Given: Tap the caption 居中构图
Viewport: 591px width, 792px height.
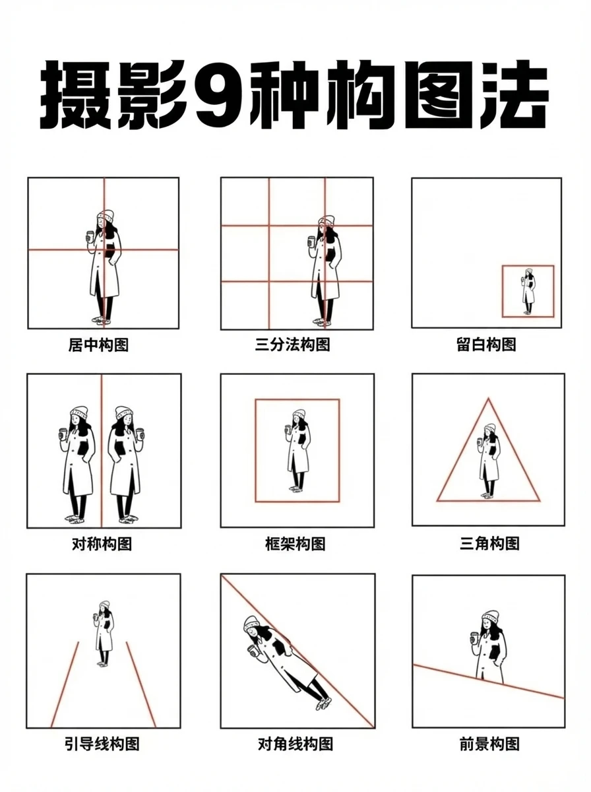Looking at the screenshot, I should click(98, 345).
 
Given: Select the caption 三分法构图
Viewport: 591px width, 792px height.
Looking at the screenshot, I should click(292, 345).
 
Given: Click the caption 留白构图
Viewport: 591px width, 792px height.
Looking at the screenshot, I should click(486, 345).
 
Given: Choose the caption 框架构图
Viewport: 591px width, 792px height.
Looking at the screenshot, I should click(295, 544).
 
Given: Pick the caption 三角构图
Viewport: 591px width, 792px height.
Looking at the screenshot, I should click(489, 543).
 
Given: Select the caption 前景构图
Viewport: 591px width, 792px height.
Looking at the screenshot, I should click(489, 744).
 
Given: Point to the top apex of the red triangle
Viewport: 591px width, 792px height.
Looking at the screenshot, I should click(488, 399).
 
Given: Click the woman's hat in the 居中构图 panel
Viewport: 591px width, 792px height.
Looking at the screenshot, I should click(105, 217).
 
